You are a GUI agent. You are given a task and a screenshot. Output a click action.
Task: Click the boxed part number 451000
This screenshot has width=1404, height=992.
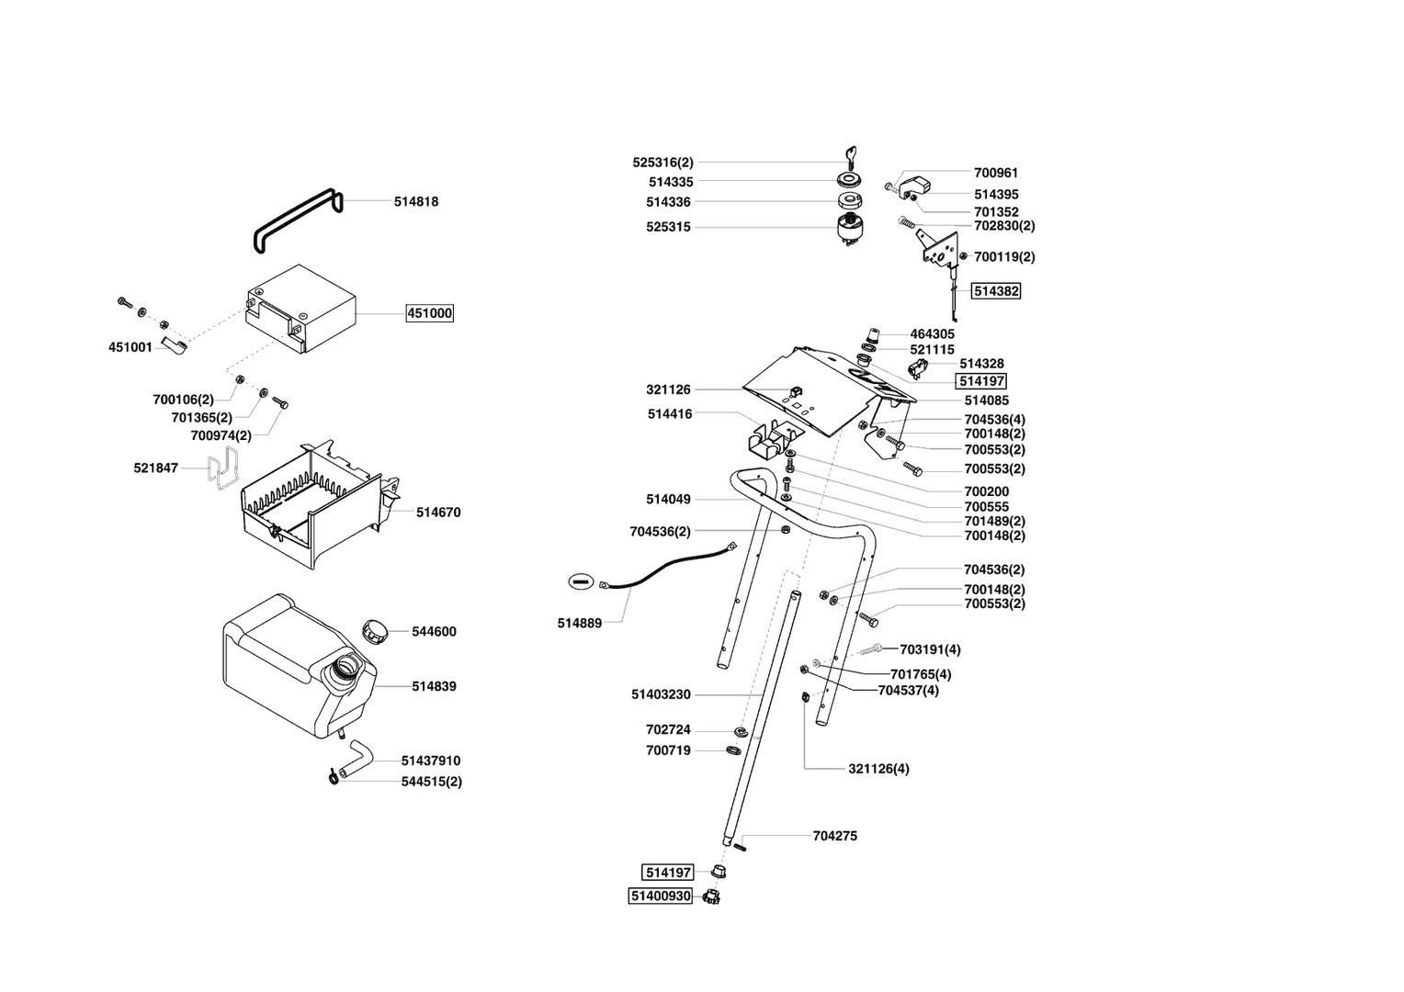[x=430, y=313]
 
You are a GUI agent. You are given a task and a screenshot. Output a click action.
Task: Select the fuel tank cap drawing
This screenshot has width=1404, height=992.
[x=375, y=631]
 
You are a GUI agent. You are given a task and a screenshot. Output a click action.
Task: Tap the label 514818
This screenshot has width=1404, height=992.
[x=416, y=201]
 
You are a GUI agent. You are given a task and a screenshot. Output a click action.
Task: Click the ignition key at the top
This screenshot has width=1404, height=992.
[x=848, y=154]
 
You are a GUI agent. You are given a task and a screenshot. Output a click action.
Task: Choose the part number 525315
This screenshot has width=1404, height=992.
[x=668, y=227]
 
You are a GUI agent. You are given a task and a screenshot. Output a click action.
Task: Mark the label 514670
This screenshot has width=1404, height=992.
[x=438, y=513]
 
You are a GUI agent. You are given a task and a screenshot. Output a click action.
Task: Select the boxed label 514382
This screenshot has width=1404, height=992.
[x=997, y=290]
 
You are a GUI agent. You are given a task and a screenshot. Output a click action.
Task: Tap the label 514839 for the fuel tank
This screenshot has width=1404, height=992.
[x=434, y=686]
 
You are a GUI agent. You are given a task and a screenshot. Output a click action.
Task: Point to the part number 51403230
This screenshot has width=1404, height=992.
[x=661, y=694]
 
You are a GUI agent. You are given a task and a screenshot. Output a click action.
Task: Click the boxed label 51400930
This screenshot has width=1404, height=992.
[x=660, y=896]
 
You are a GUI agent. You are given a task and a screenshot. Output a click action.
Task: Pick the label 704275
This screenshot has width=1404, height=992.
[x=835, y=836]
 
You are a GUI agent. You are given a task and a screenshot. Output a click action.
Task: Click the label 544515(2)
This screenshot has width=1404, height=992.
[x=431, y=782]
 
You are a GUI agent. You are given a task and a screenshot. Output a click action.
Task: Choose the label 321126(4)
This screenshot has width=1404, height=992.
[x=878, y=768]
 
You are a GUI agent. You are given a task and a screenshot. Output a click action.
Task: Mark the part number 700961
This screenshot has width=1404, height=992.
[x=996, y=172]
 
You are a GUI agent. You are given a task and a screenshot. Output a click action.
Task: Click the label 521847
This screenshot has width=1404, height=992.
[x=156, y=468]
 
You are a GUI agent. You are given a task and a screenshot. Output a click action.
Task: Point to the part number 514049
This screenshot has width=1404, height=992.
[x=668, y=499]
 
